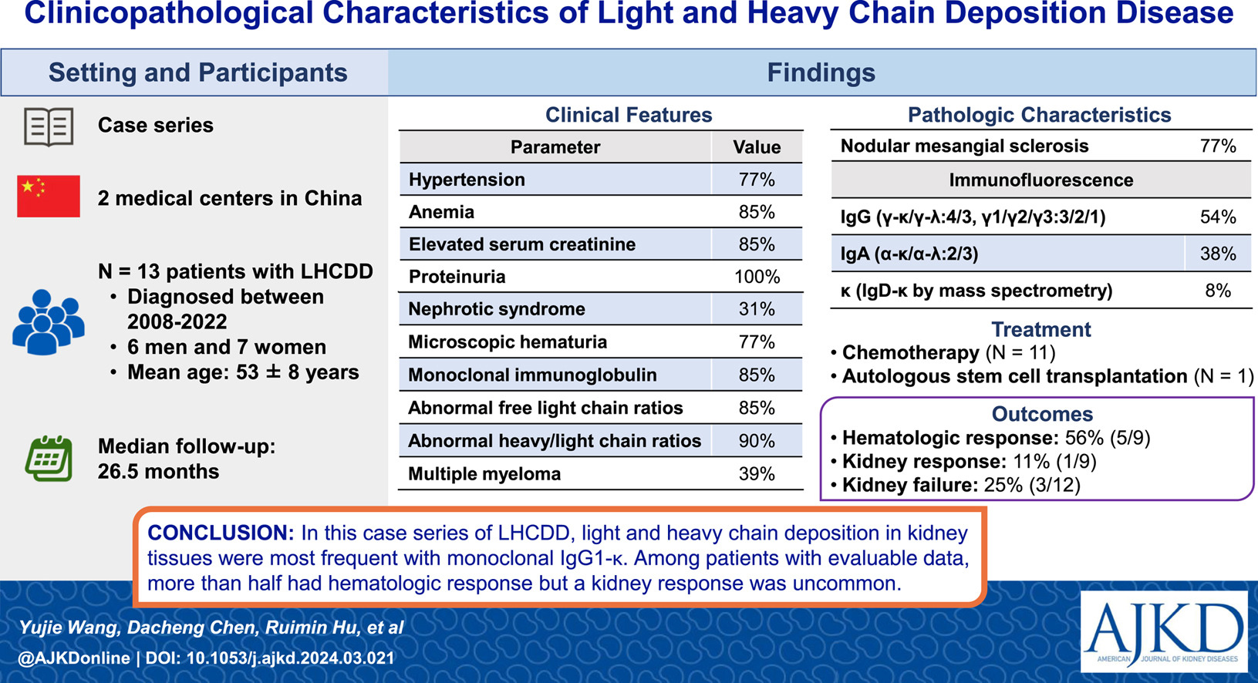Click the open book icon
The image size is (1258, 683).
pos(49,127)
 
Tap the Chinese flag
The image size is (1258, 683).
pos(49,197)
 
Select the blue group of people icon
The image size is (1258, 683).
pos(49,322)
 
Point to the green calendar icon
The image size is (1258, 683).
pos(49,459)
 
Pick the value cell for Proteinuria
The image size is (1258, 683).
pos(757,277)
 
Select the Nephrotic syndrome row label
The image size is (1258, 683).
pos(497,309)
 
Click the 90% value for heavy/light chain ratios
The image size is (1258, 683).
pos(757,441)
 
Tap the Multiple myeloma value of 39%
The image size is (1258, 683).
pos(757,474)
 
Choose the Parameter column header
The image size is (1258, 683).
pos(555,147)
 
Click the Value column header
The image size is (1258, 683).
pos(757,147)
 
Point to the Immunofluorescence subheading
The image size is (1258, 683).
pos(1041,180)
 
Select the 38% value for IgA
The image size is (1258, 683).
pos(1218,254)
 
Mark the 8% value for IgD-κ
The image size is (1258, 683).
pos(1218,291)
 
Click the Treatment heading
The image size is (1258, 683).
pos(1041,329)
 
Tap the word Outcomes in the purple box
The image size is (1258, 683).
pos(1042,414)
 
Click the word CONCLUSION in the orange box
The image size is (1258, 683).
pos(221,533)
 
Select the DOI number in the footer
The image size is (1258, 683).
pos(290,658)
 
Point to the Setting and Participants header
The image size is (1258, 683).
pos(197,73)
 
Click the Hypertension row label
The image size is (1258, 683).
pos(467,180)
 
